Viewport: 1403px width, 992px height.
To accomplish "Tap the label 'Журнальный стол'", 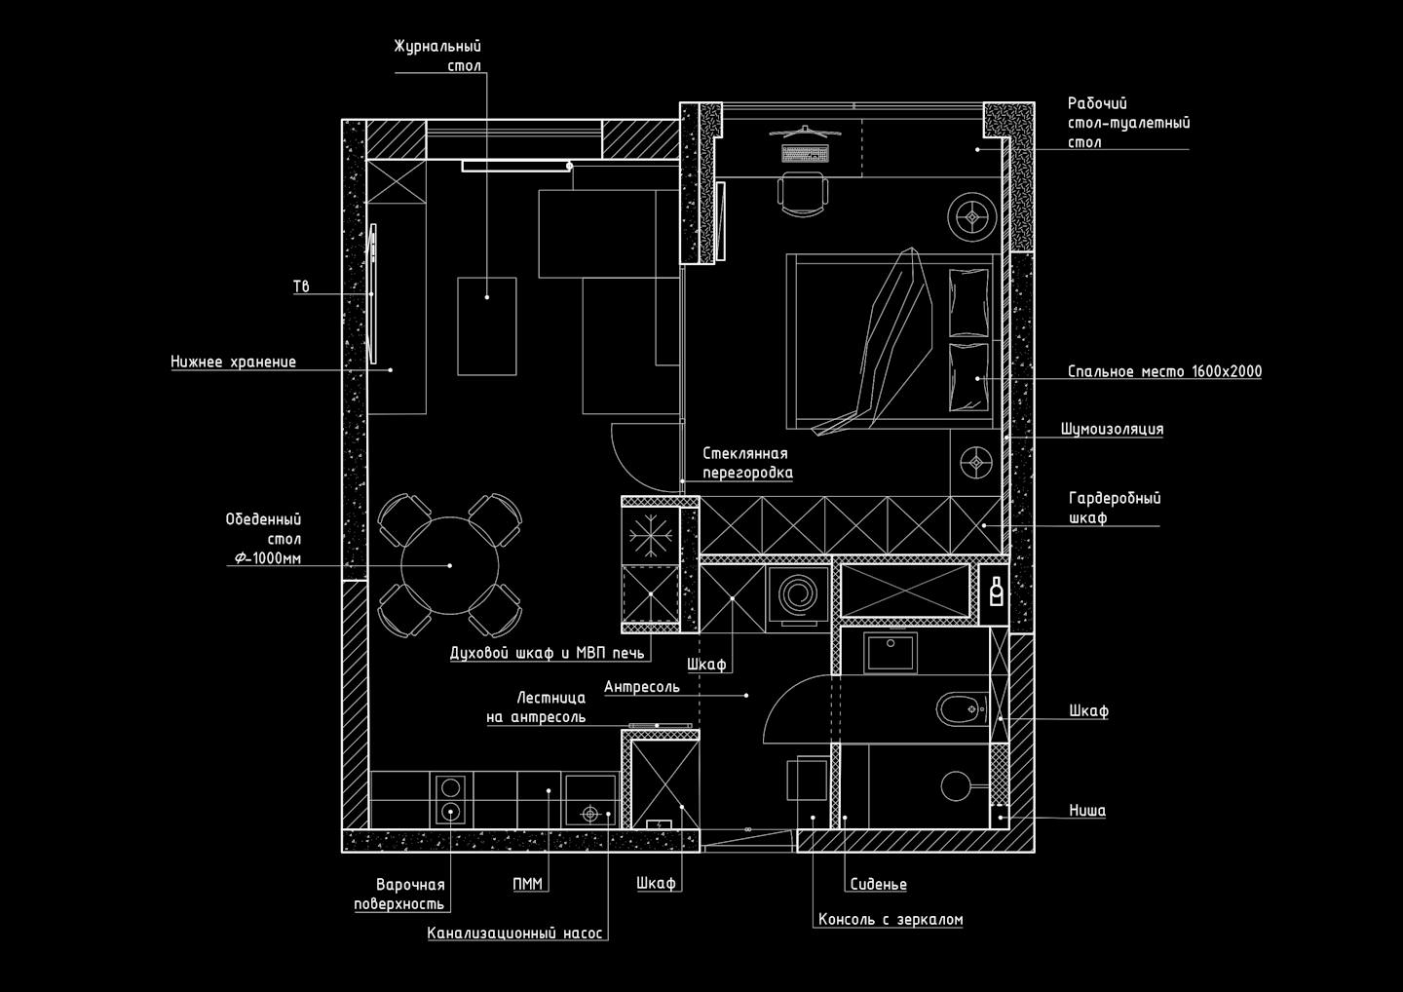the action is (x=437, y=56).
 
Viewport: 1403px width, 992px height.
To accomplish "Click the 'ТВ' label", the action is (x=301, y=286).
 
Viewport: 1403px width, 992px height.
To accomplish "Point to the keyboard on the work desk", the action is (x=805, y=153).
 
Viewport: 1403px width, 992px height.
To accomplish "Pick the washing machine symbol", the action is (x=798, y=596).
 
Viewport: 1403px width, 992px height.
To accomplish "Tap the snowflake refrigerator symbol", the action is (x=650, y=535).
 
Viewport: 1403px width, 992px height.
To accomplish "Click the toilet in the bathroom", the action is (x=962, y=709).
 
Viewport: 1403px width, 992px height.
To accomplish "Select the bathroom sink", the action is (x=891, y=652).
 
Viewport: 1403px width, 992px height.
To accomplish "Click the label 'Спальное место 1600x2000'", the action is (x=1164, y=371).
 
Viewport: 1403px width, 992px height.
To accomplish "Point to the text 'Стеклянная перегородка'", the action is (x=747, y=463).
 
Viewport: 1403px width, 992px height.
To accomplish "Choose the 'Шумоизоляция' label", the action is (x=1112, y=429).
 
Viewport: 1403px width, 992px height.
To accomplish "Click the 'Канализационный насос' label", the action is (x=514, y=934).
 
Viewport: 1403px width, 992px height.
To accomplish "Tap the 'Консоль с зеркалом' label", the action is (x=891, y=919).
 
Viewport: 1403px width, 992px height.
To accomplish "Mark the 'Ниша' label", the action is (x=1087, y=811).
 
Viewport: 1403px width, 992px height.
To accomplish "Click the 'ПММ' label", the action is (x=527, y=884).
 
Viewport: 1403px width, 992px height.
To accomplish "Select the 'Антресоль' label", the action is (x=641, y=687).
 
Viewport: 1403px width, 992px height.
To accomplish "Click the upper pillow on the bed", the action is (x=968, y=302).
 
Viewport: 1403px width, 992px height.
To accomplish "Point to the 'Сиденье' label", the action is (x=878, y=884).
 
